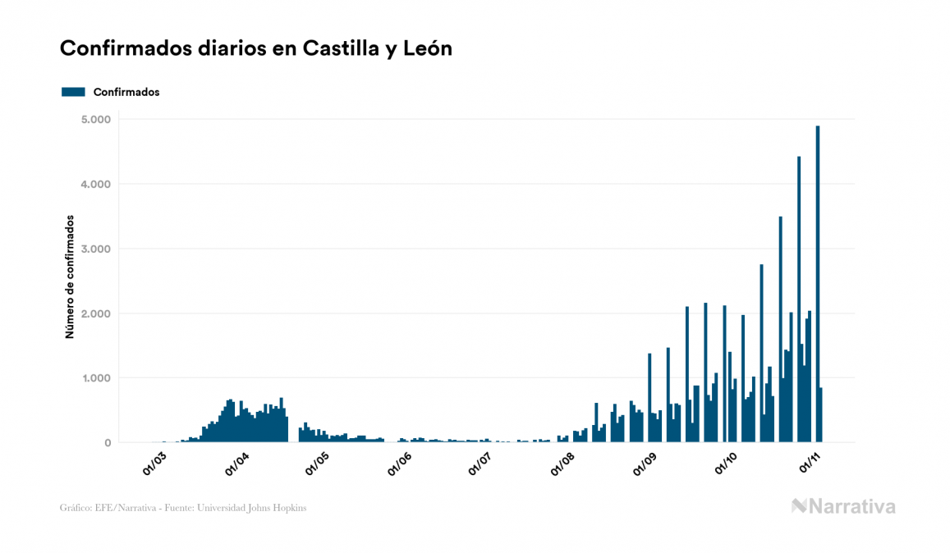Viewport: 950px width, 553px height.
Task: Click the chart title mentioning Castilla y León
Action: coord(256,48)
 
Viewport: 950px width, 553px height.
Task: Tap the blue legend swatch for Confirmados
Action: coord(73,92)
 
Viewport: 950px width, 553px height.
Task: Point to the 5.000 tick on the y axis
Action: coord(95,120)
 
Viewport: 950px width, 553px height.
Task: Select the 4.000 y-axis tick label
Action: coord(95,185)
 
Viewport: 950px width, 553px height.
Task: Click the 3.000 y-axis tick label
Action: coord(95,249)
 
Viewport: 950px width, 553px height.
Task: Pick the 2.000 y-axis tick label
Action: coord(95,314)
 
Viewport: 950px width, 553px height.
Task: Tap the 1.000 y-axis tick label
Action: coord(95,379)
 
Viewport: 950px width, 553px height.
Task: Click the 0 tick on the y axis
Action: coord(107,443)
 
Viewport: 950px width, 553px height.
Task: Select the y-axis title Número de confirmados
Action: coord(71,277)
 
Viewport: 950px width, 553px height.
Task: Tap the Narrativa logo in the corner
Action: coord(843,506)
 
